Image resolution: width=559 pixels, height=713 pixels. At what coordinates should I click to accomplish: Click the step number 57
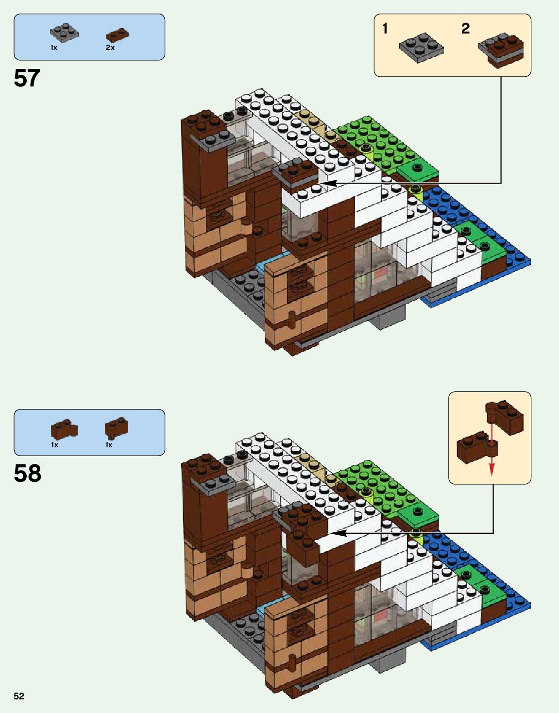[x=27, y=78]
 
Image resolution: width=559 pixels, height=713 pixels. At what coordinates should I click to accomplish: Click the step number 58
[x=28, y=474]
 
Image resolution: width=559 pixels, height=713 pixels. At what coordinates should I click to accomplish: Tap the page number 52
[x=19, y=696]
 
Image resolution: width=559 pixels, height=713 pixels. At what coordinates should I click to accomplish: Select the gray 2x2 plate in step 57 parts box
[x=64, y=32]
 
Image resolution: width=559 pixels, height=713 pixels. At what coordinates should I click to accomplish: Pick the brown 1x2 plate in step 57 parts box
[x=117, y=35]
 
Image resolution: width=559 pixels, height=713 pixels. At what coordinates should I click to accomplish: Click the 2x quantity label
[x=110, y=48]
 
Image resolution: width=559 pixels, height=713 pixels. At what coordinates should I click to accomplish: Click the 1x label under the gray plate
[x=54, y=48]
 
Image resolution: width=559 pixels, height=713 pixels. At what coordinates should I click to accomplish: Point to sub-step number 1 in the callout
[x=385, y=29]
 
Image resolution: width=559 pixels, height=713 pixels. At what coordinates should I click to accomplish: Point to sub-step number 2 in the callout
[x=465, y=29]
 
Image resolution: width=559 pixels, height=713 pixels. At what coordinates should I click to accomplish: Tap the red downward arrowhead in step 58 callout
[x=491, y=468]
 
